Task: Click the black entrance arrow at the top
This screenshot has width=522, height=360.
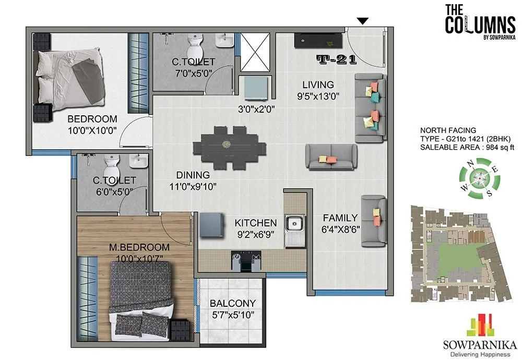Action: pos(363,21)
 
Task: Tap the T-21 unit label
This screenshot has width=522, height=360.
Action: pos(336,59)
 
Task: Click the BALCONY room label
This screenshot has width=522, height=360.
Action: pos(233,303)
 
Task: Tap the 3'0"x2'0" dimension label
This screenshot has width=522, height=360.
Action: pos(253,109)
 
